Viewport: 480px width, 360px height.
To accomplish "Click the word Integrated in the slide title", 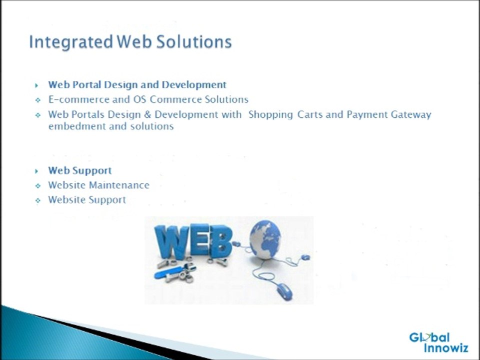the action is (71, 42).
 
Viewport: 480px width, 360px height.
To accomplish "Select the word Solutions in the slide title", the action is (194, 41).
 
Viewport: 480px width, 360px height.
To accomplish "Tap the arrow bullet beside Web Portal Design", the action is (36, 85).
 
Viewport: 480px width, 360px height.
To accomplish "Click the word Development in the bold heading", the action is (194, 85).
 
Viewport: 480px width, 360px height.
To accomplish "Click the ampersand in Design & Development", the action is (147, 115).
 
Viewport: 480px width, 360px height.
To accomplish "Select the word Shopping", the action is (270, 115).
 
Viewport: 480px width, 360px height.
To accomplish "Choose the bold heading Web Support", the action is (80, 171).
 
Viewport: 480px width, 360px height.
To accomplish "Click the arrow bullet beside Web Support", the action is (36, 171).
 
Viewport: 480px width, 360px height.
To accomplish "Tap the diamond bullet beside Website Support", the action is (37, 200).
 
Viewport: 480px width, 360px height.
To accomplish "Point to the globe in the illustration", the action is (265, 239).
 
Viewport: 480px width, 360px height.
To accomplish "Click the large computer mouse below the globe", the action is (284, 291).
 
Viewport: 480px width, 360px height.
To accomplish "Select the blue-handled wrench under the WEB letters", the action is (175, 271).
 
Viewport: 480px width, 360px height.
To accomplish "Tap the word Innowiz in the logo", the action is (446, 348).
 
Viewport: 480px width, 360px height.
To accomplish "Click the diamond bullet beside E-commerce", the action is (37, 100).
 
